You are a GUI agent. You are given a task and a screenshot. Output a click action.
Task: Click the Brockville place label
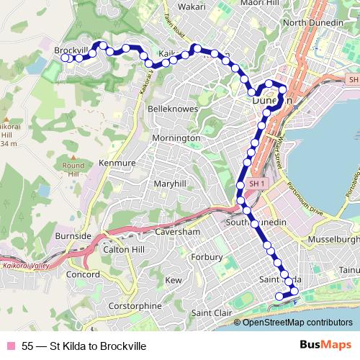[x=71, y=50]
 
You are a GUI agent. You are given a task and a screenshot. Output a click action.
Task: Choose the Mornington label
[x=176, y=138]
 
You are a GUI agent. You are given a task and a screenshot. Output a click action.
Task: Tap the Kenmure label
[x=117, y=164]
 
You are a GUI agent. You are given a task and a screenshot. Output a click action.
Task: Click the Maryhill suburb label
[x=171, y=184]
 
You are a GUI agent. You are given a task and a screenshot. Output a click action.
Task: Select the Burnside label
[x=71, y=235]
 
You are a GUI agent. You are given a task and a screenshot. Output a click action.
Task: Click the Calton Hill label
[x=125, y=249]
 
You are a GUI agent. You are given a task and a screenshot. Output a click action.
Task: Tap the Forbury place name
[x=202, y=256]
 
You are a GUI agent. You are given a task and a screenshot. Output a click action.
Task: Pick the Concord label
[x=83, y=275]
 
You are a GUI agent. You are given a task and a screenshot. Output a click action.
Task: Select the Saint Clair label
[x=212, y=313]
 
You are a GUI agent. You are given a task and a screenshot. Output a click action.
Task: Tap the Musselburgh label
[x=333, y=238]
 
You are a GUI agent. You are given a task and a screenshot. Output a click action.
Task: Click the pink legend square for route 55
[x=11, y=346]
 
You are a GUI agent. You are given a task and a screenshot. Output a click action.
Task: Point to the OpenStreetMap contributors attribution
[x=297, y=323]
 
